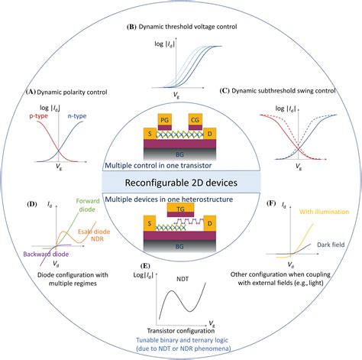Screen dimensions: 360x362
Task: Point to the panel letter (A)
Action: coord(31,92)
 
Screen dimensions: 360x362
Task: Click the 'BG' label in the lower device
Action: coord(180,246)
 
